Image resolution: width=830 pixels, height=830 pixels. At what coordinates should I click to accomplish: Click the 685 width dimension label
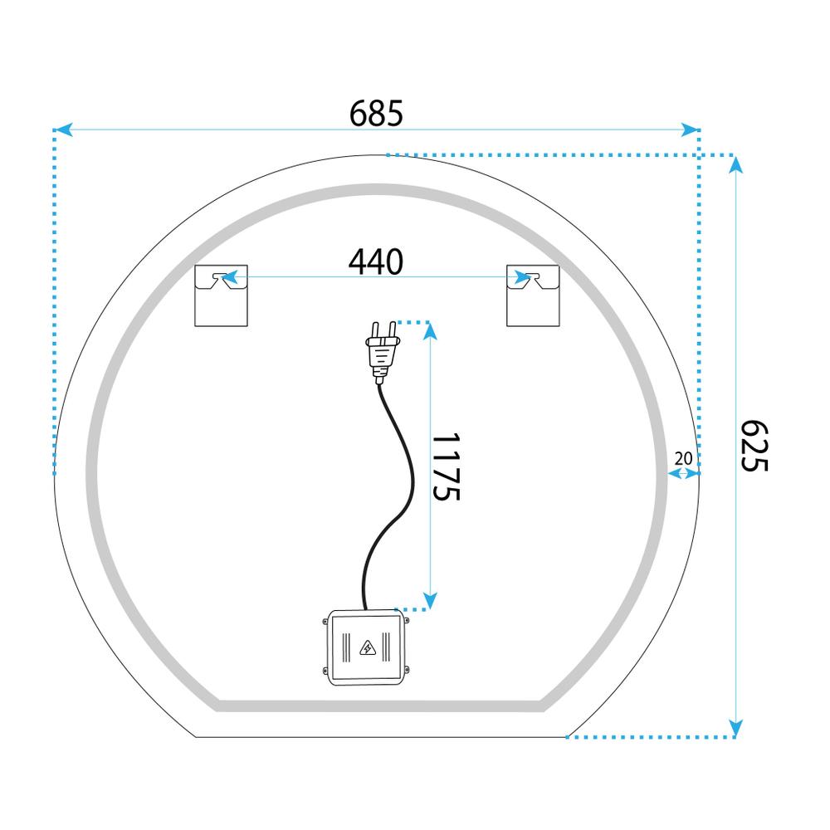click(376, 112)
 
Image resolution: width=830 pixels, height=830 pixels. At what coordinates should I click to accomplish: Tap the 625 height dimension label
click(754, 446)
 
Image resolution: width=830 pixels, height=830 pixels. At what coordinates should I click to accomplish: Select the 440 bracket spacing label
click(375, 262)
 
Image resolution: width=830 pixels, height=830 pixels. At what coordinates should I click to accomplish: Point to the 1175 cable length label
click(446, 466)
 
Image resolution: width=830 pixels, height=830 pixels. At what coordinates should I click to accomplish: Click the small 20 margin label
click(684, 457)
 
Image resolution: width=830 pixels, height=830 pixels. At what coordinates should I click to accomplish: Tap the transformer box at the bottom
click(366, 647)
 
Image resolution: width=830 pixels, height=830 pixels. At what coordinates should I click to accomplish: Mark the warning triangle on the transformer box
click(366, 647)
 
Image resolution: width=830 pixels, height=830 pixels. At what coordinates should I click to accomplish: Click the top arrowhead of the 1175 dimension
click(429, 331)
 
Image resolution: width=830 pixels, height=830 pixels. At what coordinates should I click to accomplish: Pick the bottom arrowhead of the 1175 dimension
click(429, 598)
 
